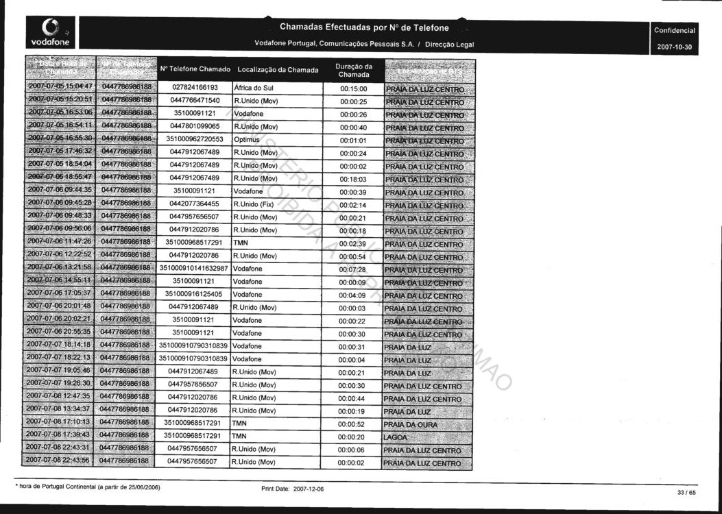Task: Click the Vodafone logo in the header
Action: coord(46,33)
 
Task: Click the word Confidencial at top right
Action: coord(675,31)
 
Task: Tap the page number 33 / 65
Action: coord(686,493)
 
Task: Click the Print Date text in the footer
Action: coord(293,489)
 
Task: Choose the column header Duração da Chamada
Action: coord(354,70)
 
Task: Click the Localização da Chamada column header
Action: coord(278,70)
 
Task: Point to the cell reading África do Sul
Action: coord(254,88)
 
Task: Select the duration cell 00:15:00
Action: coord(354,89)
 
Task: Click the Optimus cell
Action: coord(247,140)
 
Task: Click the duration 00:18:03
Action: coord(354,179)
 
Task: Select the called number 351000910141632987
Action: coord(194,269)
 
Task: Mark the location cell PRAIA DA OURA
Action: coord(410,425)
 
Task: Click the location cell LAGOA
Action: coord(396,437)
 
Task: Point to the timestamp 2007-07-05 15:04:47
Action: coord(60,88)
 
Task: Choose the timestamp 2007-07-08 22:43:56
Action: coord(60,461)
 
